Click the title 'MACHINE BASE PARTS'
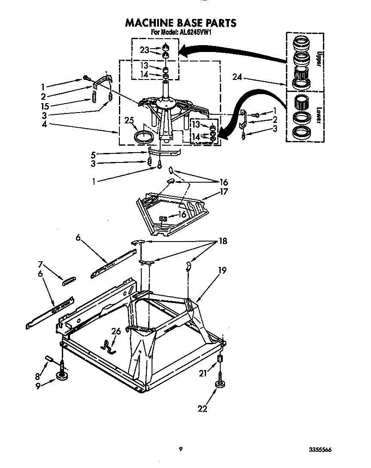pyautogui.click(x=180, y=22)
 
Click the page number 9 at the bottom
pyautogui.click(x=181, y=450)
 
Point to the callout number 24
pyautogui.click(x=237, y=77)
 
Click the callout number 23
pyautogui.click(x=144, y=50)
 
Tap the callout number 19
pyautogui.click(x=222, y=270)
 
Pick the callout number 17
pyautogui.click(x=224, y=192)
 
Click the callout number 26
pyautogui.click(x=116, y=331)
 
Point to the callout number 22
pyautogui.click(x=202, y=408)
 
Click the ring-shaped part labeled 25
pyautogui.click(x=143, y=138)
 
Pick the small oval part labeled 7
pyautogui.click(x=69, y=282)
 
